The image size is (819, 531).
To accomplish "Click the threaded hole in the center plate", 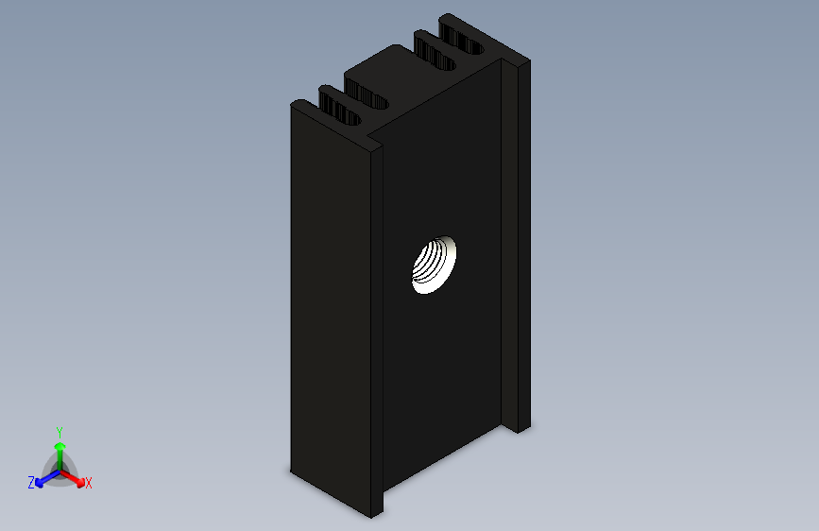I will click(435, 265).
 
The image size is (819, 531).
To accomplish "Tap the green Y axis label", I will click(59, 431).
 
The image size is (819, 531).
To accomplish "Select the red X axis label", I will click(89, 484).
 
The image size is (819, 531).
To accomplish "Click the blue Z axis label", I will click(31, 483).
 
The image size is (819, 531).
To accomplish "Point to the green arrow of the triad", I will click(60, 448).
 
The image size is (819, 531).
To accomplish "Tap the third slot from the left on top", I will click(434, 53).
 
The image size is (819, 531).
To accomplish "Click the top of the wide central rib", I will click(387, 66).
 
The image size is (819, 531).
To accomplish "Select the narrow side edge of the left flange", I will click(376, 331).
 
